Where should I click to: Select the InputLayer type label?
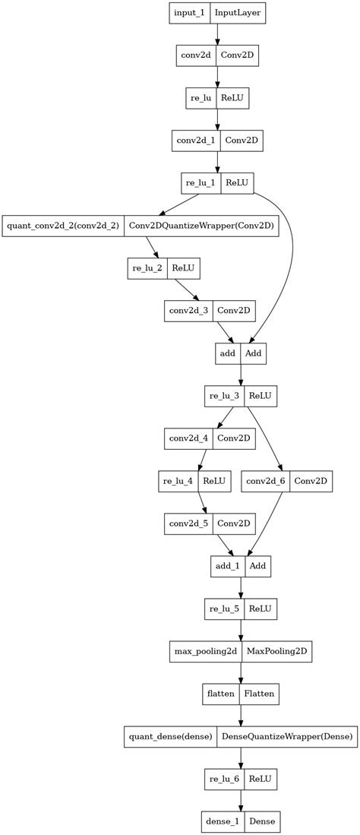[x=239, y=14]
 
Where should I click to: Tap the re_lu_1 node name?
[x=201, y=183]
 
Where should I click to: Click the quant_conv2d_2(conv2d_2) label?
[x=62, y=226]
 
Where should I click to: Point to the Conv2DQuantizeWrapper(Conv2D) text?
[x=201, y=226]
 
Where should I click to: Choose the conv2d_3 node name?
[x=188, y=310]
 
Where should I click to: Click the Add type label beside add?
[x=254, y=353]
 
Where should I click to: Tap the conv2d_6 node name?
[x=266, y=480]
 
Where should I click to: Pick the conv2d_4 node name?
[x=188, y=438]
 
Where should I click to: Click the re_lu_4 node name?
[x=178, y=480]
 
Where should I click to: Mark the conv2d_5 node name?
[x=188, y=523]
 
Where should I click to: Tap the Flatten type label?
[x=259, y=693]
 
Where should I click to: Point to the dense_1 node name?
[x=222, y=821]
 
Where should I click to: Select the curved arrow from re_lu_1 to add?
[x=290, y=251]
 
